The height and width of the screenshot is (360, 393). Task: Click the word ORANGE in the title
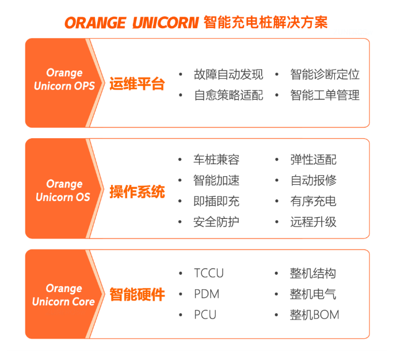point(96,23)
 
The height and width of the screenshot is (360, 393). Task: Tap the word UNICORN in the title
point(166,23)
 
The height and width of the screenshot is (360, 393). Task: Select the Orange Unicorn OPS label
point(64,79)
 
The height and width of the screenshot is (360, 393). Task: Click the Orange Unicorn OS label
point(63,191)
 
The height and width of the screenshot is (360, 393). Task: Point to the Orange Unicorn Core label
point(64,295)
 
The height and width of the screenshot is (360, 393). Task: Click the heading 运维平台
point(137,84)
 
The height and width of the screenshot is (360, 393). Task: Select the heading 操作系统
point(137,192)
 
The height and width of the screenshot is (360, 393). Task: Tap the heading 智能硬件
point(137,294)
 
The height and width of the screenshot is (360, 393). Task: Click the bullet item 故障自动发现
point(228,74)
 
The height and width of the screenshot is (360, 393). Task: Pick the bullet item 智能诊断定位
point(325,74)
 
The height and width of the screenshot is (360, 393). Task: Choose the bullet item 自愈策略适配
point(228,95)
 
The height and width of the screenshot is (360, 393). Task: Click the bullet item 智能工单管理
point(325,95)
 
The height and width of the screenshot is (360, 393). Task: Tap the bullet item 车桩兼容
point(216,160)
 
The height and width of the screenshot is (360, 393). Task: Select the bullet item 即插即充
point(216,201)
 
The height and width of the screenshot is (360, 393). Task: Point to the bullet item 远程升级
point(313,222)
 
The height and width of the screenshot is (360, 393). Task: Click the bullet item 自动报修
point(313,180)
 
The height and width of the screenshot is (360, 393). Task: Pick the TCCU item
point(209,273)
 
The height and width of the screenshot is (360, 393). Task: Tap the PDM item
point(207,294)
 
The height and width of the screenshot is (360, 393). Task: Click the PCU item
point(205,315)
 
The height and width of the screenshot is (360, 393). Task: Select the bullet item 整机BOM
point(314,315)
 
